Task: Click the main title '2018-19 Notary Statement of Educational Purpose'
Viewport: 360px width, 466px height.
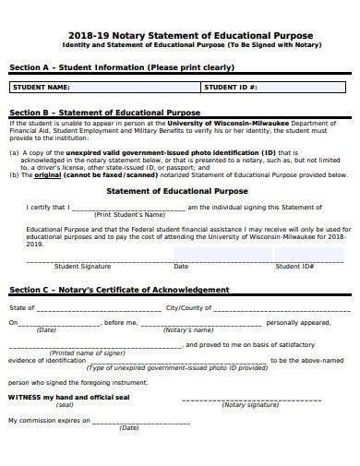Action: coord(179,35)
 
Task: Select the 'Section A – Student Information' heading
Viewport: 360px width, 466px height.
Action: coord(121,67)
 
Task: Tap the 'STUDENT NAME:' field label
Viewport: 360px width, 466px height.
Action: coord(41,87)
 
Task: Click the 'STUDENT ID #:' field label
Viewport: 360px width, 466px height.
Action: coord(231,87)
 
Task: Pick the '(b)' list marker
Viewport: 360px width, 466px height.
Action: coord(14,173)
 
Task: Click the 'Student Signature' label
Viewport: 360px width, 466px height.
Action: coord(82,266)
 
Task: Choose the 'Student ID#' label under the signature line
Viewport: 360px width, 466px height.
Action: coord(295,266)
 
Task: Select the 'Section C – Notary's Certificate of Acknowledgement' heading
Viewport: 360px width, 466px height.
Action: coord(118,290)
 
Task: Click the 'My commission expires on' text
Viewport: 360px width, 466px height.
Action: coord(49,420)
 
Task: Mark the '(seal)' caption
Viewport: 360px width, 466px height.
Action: coord(65,404)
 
